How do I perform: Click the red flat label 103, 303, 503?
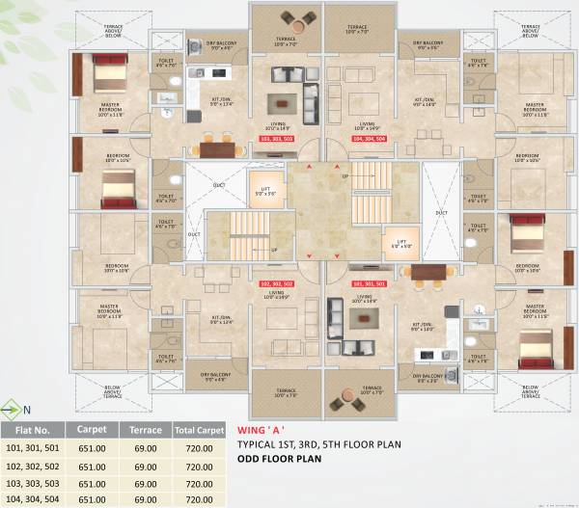click(277, 139)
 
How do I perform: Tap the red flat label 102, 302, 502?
click(277, 284)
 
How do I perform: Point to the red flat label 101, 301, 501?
click(368, 284)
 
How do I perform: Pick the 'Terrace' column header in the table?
click(146, 430)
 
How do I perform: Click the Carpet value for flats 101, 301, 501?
click(92, 448)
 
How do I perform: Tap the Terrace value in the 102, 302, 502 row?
click(146, 466)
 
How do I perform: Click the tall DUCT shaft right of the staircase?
click(441, 212)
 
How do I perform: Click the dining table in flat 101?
click(429, 274)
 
